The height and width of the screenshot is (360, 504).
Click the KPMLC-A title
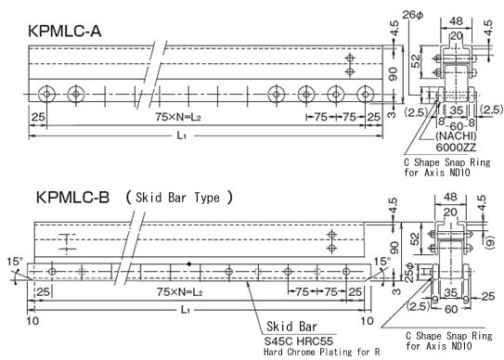click(65, 32)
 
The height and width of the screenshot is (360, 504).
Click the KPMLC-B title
click(72, 197)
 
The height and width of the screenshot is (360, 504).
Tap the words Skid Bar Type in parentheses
click(178, 198)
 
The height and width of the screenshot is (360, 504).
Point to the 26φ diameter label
click(413, 15)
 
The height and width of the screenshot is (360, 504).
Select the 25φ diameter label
click(408, 273)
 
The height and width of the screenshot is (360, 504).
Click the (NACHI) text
click(456, 135)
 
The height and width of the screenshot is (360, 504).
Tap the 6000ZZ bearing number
click(456, 148)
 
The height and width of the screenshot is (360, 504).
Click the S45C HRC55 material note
click(299, 341)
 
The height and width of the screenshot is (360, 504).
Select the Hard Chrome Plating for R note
click(322, 352)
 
